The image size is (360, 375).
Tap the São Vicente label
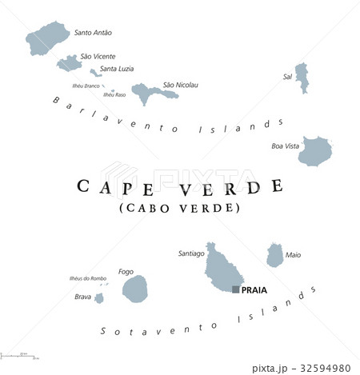tap(98, 57)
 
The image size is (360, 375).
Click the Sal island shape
tap(302, 78)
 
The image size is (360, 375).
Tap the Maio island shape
tap(274, 256)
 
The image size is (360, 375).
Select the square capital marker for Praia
tap(235, 289)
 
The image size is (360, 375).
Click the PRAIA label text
tap(254, 290)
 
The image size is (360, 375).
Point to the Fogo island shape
tap(134, 286)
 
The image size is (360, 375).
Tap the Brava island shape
tap(99, 298)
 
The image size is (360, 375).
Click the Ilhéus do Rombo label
tap(88, 279)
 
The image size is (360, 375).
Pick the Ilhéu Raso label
tap(114, 95)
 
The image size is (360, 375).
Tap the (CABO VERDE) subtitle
tap(179, 208)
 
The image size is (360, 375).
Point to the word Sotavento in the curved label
tap(140, 330)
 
